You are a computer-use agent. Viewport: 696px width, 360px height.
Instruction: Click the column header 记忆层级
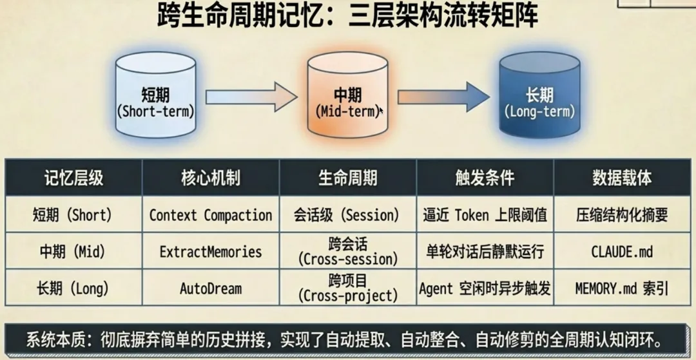coord(73,178)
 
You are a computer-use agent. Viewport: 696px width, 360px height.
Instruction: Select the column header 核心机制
coord(211,178)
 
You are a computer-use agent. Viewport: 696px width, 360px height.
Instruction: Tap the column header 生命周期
coord(348,178)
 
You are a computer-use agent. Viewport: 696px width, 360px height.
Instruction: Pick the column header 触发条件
coord(485,178)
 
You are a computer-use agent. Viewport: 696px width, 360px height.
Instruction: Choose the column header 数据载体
coord(622,178)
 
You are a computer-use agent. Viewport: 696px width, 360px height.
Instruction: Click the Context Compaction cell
coord(211,215)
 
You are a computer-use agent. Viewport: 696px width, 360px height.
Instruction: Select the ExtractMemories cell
coord(211,251)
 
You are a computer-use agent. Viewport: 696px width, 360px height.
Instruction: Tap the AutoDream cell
coord(211,288)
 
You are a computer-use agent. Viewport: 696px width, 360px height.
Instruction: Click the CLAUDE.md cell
coord(622,251)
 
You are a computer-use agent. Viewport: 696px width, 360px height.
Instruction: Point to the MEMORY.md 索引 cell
coord(622,288)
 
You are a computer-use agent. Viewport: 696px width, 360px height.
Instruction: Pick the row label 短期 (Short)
coord(73,215)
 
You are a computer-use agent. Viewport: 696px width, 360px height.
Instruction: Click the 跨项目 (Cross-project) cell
coord(348,288)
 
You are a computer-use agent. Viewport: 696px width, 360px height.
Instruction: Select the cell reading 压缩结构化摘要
coord(622,215)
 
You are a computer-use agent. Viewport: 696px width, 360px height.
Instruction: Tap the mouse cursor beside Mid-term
coord(382,111)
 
